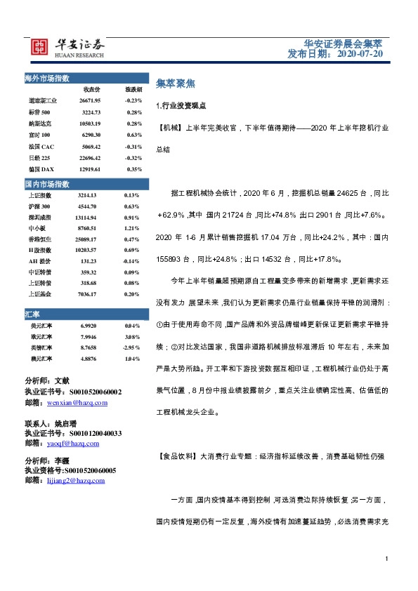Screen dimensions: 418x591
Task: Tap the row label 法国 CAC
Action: pyautogui.click(x=41, y=146)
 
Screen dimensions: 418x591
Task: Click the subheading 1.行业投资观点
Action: pyautogui.click(x=179, y=105)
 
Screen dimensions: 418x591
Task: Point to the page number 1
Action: pyautogui.click(x=387, y=558)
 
